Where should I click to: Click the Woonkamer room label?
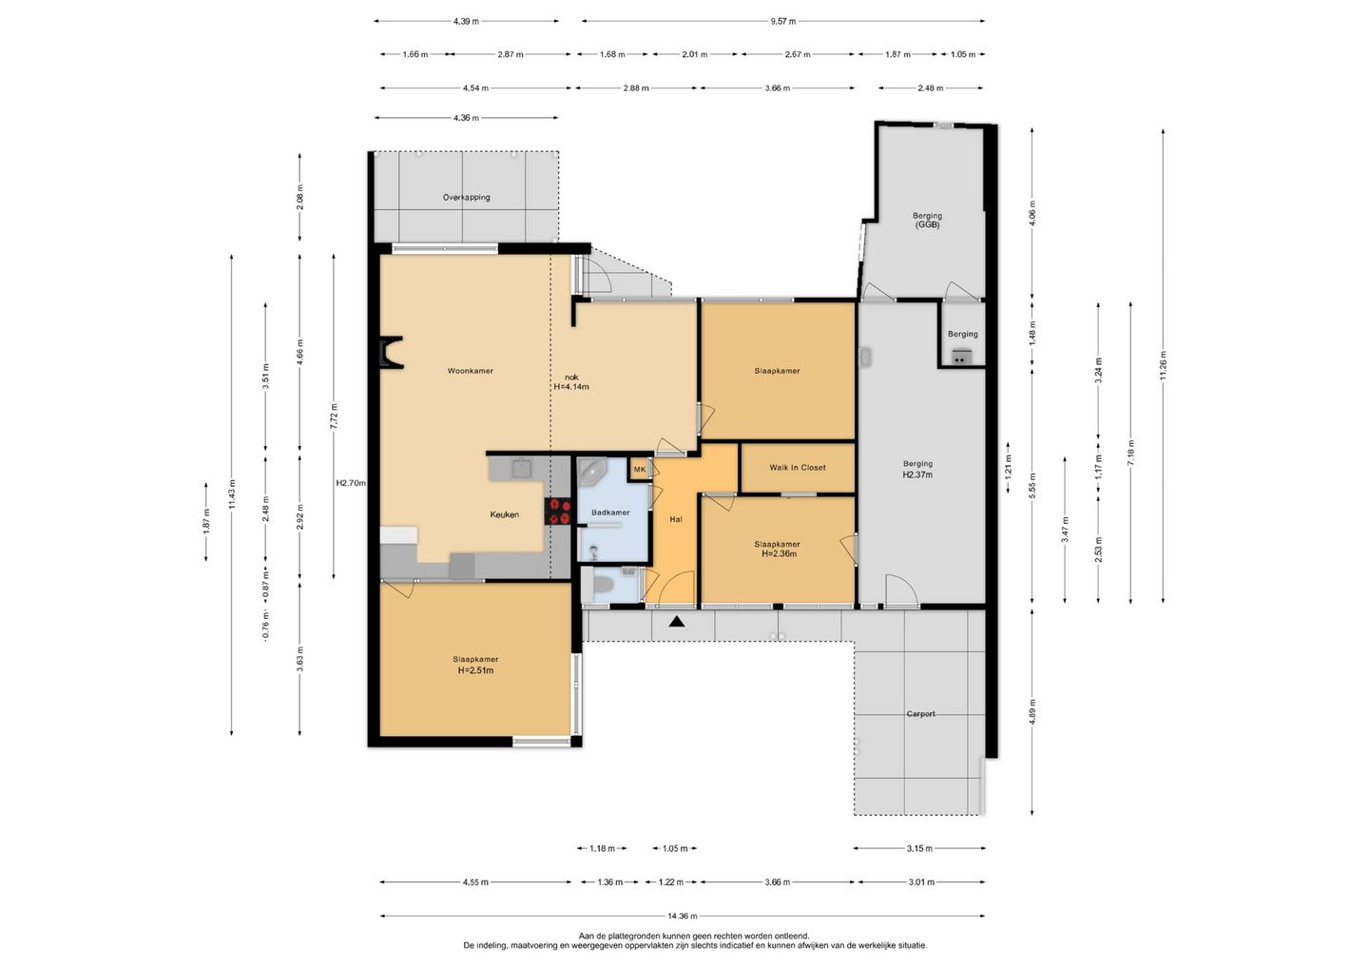click(x=470, y=371)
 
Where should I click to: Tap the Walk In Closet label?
click(x=797, y=468)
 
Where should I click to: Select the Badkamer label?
click(x=610, y=513)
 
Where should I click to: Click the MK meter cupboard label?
click(x=640, y=470)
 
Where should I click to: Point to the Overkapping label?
click(x=466, y=198)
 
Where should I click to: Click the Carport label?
click(x=920, y=714)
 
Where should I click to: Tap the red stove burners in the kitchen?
click(x=559, y=512)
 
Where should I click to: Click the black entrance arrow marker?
click(x=676, y=622)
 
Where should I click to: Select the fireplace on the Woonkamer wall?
click(x=390, y=353)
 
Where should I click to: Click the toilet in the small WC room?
click(x=603, y=585)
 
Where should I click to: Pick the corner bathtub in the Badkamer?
click(x=591, y=473)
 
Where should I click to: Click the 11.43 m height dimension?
click(x=232, y=495)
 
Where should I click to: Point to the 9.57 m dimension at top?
click(x=783, y=21)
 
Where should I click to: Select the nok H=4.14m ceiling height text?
click(x=571, y=382)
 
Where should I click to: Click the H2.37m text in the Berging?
click(x=917, y=474)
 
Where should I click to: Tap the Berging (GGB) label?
click(x=927, y=220)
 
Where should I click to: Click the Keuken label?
click(x=504, y=514)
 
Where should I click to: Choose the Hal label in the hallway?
click(x=676, y=519)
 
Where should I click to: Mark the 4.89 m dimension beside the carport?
click(x=1032, y=712)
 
